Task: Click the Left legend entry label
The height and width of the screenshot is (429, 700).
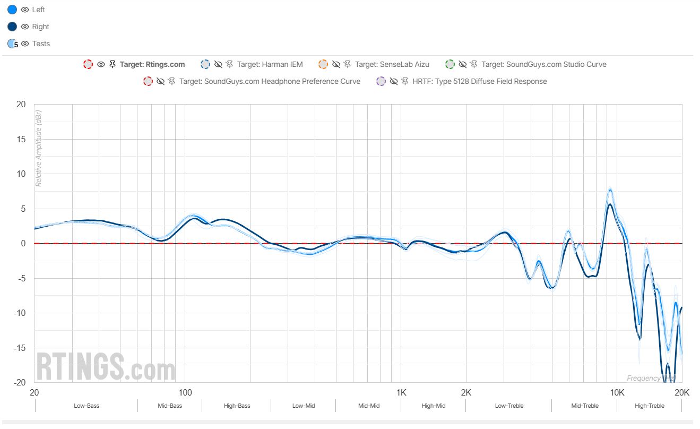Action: click(38, 10)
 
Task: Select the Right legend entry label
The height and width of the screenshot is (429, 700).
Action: click(40, 27)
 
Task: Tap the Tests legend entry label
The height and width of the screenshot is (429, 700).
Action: click(41, 44)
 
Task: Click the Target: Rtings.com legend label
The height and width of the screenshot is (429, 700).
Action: click(152, 64)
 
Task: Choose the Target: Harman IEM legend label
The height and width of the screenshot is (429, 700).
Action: click(270, 64)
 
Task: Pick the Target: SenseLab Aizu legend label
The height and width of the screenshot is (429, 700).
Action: click(392, 64)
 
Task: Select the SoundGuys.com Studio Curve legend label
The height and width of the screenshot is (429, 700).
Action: click(543, 64)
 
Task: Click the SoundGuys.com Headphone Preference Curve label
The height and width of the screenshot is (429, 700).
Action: click(270, 81)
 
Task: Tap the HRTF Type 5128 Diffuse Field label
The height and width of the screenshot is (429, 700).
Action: click(479, 81)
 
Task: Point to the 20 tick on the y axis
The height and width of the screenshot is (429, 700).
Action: click(21, 105)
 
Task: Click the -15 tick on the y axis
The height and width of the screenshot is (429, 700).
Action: click(20, 348)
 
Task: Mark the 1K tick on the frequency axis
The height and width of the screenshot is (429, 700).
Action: click(401, 393)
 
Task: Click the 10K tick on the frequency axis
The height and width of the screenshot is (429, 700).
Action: click(617, 393)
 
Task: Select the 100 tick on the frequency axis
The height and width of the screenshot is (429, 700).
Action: click(185, 393)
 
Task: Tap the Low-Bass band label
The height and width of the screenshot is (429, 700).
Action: click(86, 406)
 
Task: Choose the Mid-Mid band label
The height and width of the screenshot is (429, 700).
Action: click(368, 406)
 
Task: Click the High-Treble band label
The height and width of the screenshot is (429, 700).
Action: click(649, 406)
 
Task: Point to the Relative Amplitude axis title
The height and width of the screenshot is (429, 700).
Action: click(38, 149)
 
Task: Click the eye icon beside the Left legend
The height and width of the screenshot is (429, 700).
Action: click(25, 10)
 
